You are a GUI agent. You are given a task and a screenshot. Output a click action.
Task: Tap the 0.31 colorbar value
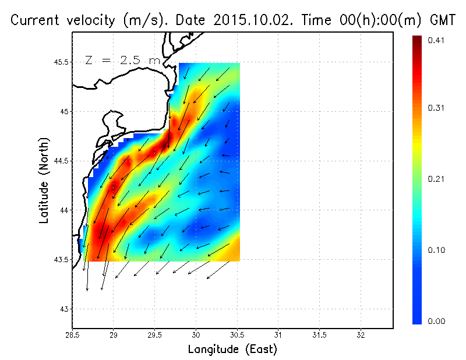tap(436, 108)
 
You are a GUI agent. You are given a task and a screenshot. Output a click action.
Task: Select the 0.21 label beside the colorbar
tap(436, 179)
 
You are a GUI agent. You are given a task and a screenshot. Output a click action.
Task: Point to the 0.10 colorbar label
tap(436, 250)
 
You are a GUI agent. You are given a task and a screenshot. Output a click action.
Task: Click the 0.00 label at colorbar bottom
tap(436, 321)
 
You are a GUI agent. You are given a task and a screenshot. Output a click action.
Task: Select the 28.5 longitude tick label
tap(72, 336)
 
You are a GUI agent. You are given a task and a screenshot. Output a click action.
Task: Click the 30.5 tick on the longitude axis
tap(237, 336)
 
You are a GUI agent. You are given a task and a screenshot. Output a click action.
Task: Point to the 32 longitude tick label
tap(361, 336)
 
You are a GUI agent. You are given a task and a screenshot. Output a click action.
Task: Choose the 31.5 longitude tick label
tap(319, 336)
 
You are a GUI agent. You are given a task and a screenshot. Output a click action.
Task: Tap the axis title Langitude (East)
tap(232, 349)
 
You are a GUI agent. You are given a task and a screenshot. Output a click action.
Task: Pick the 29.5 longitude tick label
tap(154, 336)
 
